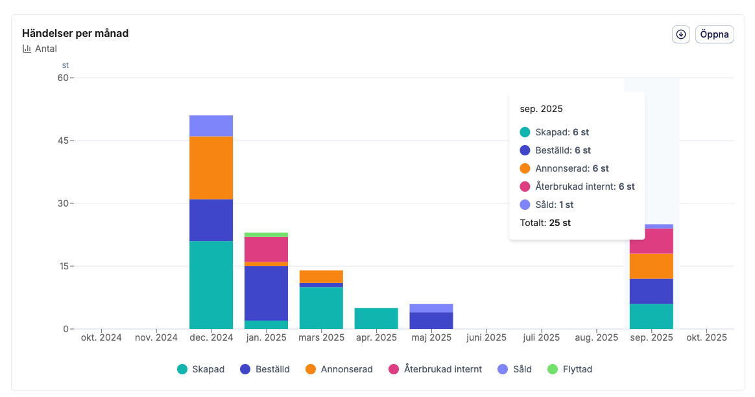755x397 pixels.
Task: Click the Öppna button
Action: (714, 34)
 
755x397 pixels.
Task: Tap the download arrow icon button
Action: (680, 34)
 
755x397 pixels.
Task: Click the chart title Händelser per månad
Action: (75, 33)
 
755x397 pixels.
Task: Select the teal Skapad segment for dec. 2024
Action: (211, 285)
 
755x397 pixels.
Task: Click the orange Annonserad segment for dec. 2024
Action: (211, 168)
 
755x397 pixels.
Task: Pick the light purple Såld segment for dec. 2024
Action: (211, 126)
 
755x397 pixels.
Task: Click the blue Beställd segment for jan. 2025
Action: (266, 293)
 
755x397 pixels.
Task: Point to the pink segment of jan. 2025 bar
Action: (266, 249)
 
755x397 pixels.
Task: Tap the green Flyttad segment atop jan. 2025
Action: (266, 234)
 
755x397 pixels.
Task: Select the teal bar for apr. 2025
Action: (376, 318)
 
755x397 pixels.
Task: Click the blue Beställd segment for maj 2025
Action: (431, 321)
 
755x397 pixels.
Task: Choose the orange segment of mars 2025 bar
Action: (321, 277)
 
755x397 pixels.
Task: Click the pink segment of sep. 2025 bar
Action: (651, 241)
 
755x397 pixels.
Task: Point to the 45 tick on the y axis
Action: (62, 141)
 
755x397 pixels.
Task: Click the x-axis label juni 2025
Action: (486, 337)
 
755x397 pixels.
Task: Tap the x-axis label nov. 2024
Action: (156, 337)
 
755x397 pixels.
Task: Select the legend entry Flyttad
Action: (570, 369)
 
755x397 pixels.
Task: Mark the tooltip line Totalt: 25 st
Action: (545, 223)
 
